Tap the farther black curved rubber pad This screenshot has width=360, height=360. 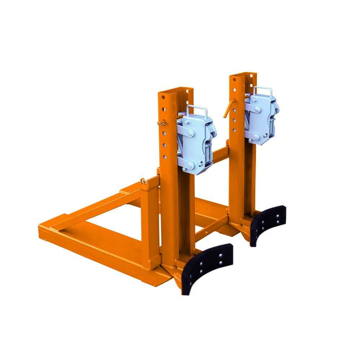pyautogui.click(x=268, y=223)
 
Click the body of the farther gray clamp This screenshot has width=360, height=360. pyautogui.click(x=261, y=119)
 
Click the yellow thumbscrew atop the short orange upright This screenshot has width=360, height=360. pyautogui.click(x=144, y=180)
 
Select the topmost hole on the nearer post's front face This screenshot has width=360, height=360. pyautogui.click(x=163, y=97)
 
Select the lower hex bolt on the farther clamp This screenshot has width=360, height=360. pyautogui.click(x=256, y=136)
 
